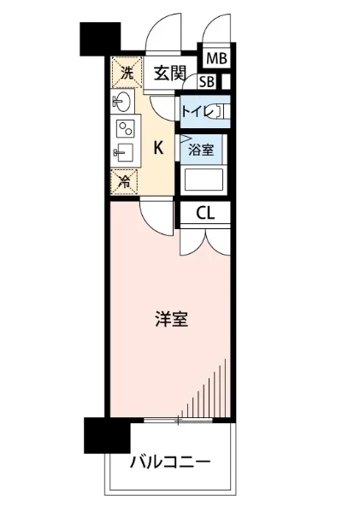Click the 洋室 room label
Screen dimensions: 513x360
[x=172, y=320]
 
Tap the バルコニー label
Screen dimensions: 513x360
[x=170, y=463]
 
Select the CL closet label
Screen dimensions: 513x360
[x=204, y=213]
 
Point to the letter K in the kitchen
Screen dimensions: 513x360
[x=158, y=147]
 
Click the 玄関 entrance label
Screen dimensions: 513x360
[x=169, y=74]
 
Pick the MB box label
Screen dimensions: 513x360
[x=216, y=59]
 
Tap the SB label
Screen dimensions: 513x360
[x=207, y=82]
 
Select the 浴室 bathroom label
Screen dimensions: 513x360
[x=201, y=148]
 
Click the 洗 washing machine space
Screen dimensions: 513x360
[x=125, y=73]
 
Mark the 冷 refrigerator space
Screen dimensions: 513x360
[x=125, y=180]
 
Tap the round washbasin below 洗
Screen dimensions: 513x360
[x=121, y=103]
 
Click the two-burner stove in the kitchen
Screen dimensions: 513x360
[x=125, y=129]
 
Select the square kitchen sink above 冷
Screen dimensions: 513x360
[x=122, y=155]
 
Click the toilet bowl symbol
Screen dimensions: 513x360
[x=220, y=110]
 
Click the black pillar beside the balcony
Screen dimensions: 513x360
[x=105, y=435]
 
